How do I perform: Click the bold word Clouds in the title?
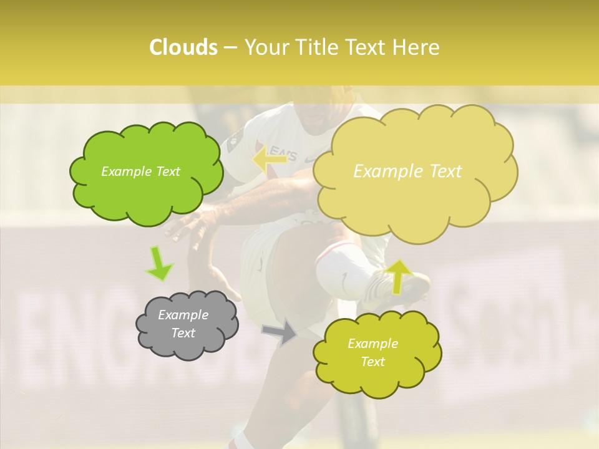click(183, 47)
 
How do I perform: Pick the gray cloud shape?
click(187, 324)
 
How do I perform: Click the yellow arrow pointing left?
click(270, 158)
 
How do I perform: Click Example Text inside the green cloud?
click(140, 171)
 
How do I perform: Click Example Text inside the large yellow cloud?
click(407, 171)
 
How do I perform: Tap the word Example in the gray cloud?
click(183, 315)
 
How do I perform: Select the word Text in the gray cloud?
click(183, 333)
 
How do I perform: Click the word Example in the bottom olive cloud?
click(373, 344)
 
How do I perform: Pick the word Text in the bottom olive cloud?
click(373, 362)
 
